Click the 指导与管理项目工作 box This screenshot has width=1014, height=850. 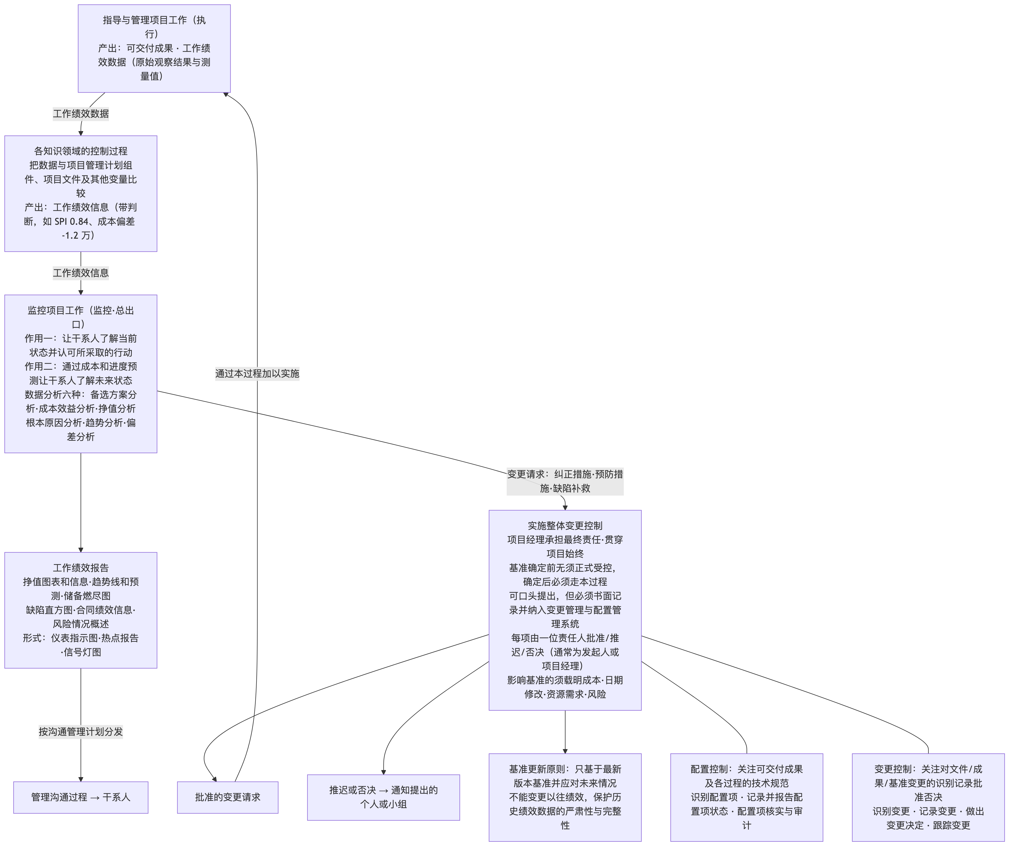pyautogui.click(x=154, y=48)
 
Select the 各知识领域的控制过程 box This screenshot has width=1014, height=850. pyautogui.click(x=81, y=193)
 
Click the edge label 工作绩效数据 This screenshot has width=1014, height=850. pyautogui.click(x=81, y=114)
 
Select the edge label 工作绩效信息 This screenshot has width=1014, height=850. pyautogui.click(x=81, y=273)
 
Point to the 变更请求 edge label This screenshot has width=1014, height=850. pyautogui.click(x=565, y=481)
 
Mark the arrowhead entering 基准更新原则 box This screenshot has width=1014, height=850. pyautogui.click(x=565, y=751)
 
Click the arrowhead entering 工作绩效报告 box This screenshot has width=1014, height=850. pyautogui.click(x=81, y=549)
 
